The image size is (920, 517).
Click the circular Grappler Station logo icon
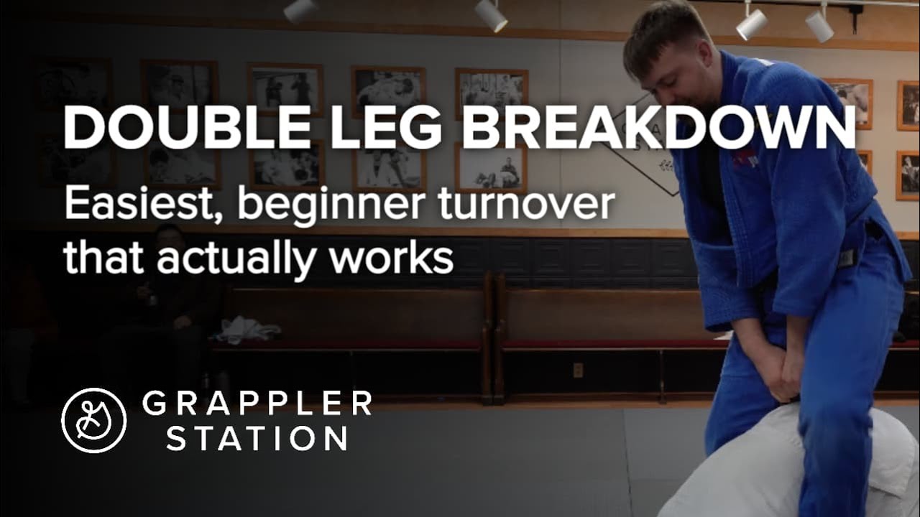click(x=94, y=420)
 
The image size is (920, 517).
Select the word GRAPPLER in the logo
click(x=257, y=404)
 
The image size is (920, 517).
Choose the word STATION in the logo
click(x=257, y=437)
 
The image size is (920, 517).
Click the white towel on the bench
click(x=247, y=330)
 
